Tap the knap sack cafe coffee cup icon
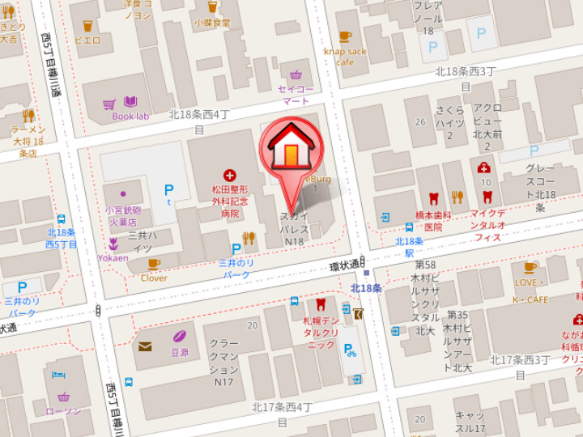(345, 36)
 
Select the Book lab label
(130, 116)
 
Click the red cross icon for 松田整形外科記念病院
(230, 175)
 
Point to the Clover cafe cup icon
(154, 264)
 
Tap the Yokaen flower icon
(114, 244)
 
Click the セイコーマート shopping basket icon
(296, 75)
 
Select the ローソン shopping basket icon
(63, 397)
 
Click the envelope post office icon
(145, 346)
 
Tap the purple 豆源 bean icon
(179, 336)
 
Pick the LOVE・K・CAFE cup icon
(530, 267)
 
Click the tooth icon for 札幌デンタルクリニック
(320, 304)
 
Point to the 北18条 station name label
(366, 288)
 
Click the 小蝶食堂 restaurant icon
(212, 7)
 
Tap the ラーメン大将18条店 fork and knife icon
(28, 116)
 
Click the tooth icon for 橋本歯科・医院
(433, 197)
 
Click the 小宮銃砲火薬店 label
(121, 215)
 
